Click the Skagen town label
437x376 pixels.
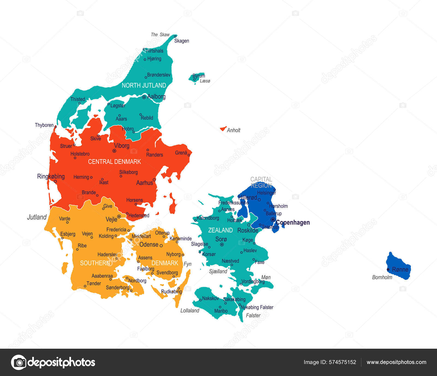tap(182, 41)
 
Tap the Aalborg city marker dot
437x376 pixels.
tap(144, 97)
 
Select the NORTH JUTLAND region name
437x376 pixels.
tap(144, 85)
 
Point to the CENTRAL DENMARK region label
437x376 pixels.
tap(114, 162)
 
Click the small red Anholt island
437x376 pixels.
tap(223, 128)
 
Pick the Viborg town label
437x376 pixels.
tap(122, 146)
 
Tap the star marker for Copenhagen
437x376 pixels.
tap(273, 220)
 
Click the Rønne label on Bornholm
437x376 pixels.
tap(400, 270)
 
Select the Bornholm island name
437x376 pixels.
tap(382, 277)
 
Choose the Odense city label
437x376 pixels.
tap(149, 245)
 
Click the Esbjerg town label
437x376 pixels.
tap(68, 234)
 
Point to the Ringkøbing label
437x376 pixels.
tap(51, 176)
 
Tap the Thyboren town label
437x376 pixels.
tap(44, 125)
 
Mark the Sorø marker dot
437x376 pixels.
tap(222, 245)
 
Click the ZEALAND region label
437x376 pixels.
tap(220, 230)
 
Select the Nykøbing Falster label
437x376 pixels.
tap(257, 307)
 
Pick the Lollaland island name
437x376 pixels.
tap(190, 310)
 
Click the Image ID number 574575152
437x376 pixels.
tap(342, 362)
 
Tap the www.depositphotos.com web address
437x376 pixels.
tap(396, 362)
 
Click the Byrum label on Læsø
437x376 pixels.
tap(199, 76)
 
